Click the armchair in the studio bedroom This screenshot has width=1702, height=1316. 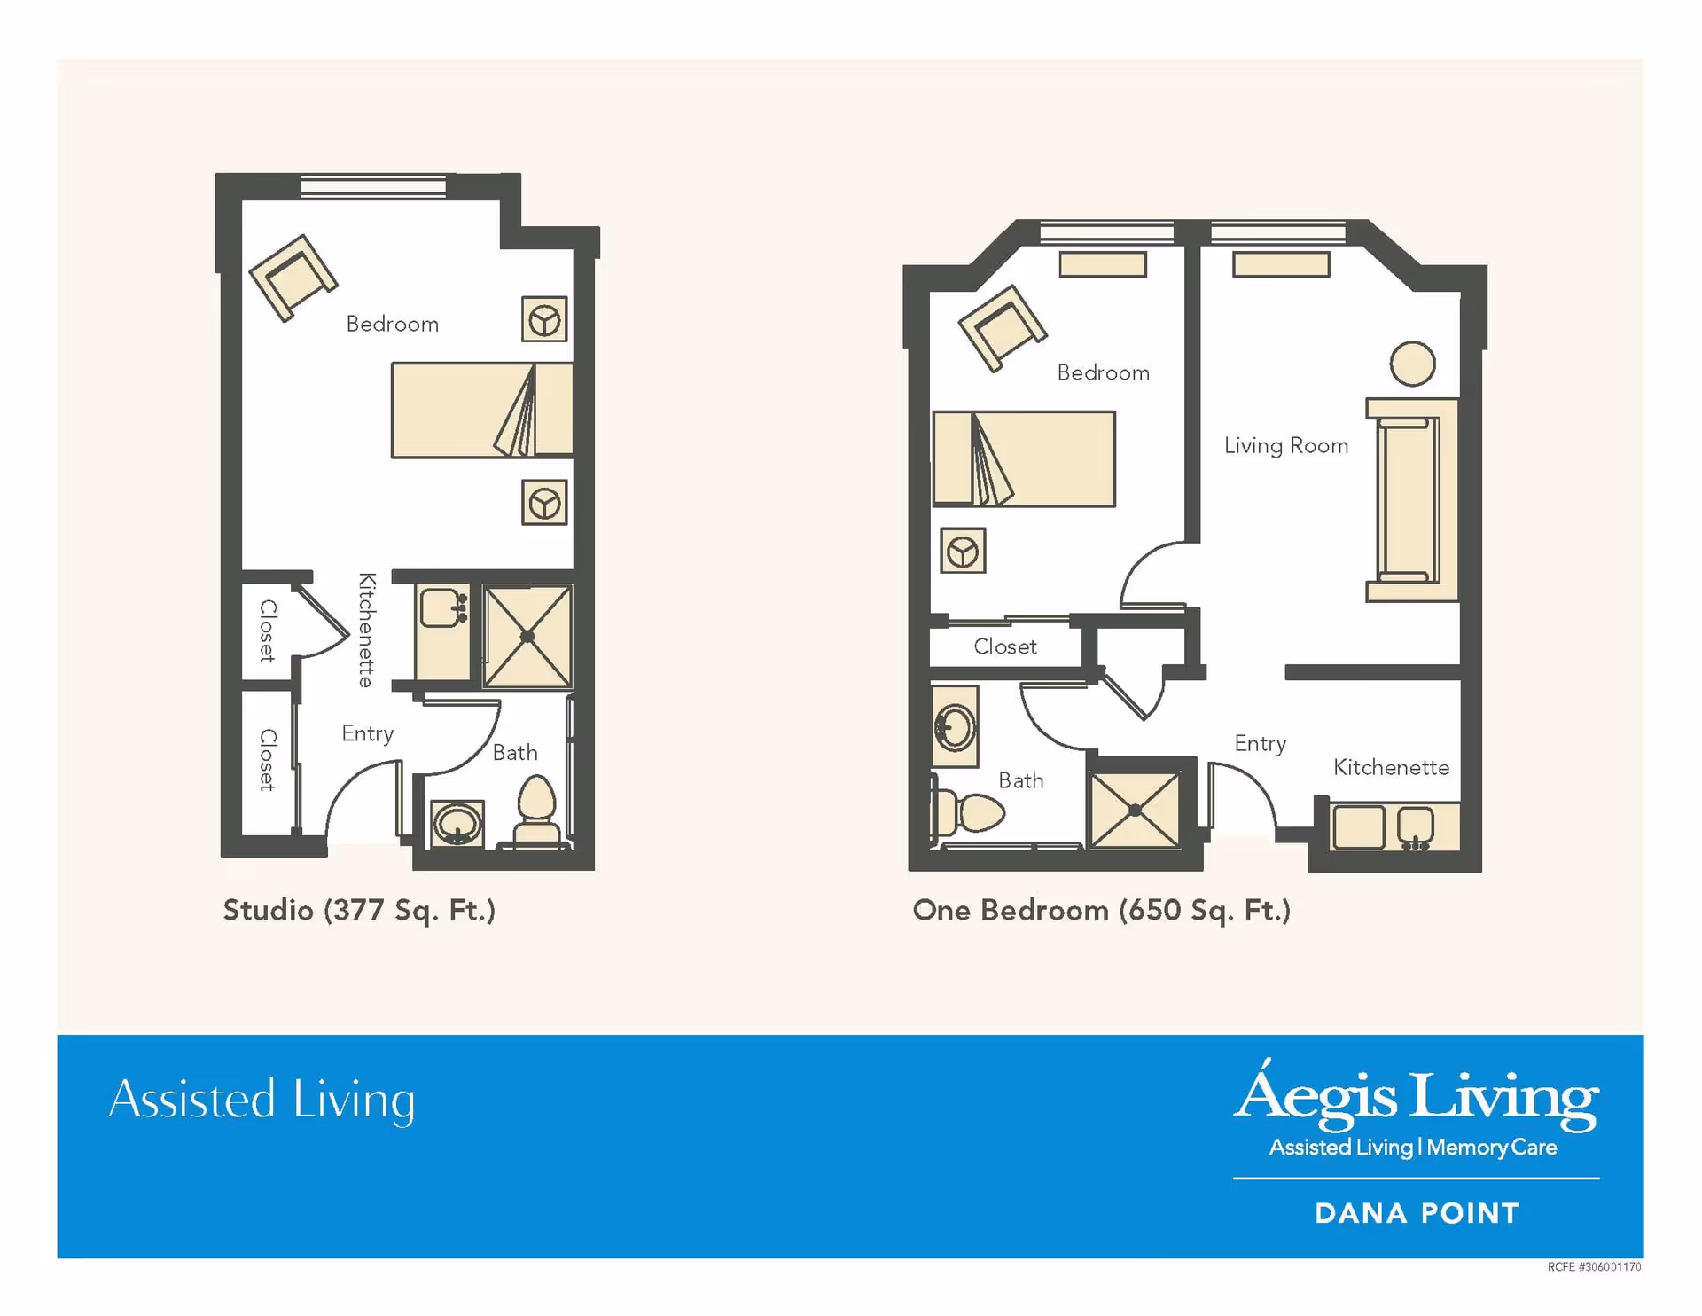coord(293,278)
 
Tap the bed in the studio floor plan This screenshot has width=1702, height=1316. coord(481,410)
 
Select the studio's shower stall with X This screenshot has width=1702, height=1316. coord(527,636)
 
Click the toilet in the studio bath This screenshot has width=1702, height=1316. coord(536,811)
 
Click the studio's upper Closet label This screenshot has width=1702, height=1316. coord(268,631)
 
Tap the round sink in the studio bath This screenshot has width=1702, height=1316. coord(457,824)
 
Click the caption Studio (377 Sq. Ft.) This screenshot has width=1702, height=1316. coord(359,910)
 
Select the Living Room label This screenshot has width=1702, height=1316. coord(1285,445)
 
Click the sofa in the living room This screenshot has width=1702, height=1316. coord(1412,500)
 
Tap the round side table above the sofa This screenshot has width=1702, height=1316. coord(1412,364)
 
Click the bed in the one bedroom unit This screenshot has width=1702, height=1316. coord(1024,458)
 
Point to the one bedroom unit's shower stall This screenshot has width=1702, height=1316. coord(1135,810)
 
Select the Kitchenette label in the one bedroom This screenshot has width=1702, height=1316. coord(1391,767)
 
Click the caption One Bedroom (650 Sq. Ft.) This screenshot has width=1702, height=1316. coord(1101,910)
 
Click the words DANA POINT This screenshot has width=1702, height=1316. coord(1417,1213)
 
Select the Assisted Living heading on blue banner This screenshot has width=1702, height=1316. coord(262,1100)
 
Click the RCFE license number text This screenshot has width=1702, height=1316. coord(1594,1267)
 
